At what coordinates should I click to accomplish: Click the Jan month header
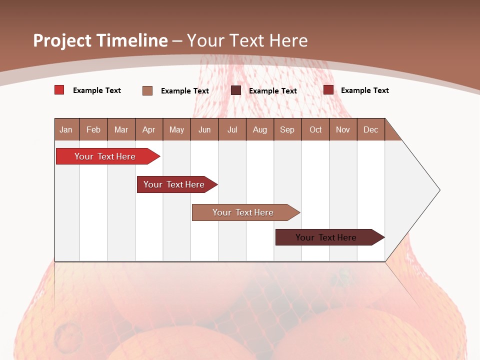coord(66,129)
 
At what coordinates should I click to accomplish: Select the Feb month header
coord(93,129)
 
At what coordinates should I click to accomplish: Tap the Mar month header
coord(121,129)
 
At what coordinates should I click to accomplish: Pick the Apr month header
coord(149,129)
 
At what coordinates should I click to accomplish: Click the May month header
coord(176,129)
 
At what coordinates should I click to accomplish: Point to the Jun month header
coord(204,129)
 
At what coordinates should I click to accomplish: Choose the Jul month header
coord(232,129)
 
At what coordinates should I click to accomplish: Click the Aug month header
coord(260,129)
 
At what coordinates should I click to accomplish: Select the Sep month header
coord(287,129)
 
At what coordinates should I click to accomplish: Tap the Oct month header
coord(315,129)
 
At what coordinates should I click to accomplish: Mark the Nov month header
coord(343,129)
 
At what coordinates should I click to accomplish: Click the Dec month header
coord(371,129)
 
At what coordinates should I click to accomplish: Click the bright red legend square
coord(59,90)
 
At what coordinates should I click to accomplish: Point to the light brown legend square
coord(147,90)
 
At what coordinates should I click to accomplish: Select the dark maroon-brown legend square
coord(236,90)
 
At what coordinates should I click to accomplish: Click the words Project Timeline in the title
coord(100,40)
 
